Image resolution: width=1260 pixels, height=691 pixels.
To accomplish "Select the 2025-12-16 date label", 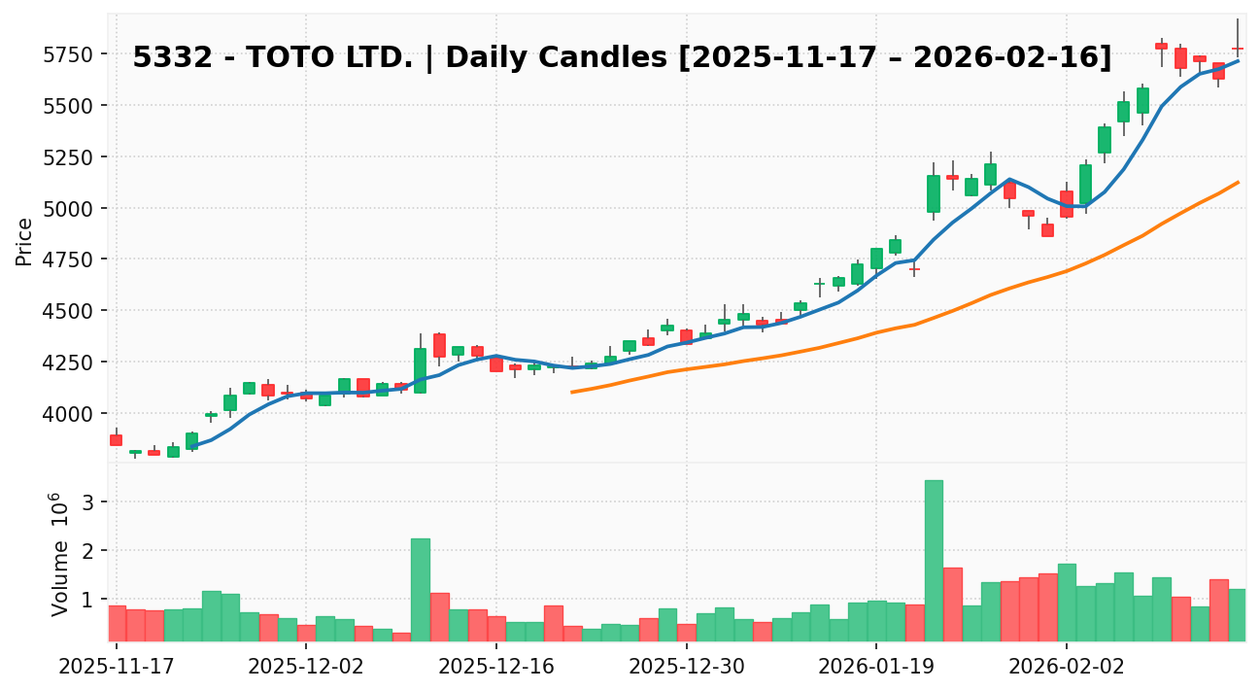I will [496, 668].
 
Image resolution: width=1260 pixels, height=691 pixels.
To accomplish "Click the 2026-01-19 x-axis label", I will [876, 668].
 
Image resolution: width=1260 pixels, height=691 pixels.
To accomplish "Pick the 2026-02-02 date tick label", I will [1066, 668].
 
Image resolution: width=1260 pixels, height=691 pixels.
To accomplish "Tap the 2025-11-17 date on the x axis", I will [117, 668].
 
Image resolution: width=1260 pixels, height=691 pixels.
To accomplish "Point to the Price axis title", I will [25, 241].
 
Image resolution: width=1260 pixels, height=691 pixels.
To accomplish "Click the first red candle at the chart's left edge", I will [116, 439].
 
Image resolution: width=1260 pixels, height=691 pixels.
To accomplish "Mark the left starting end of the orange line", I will [572, 392].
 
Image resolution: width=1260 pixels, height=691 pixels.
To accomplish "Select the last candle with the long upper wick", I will [1237, 48].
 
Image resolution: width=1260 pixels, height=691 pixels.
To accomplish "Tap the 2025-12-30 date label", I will [687, 668].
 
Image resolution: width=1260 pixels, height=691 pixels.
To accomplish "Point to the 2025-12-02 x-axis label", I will [307, 668].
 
